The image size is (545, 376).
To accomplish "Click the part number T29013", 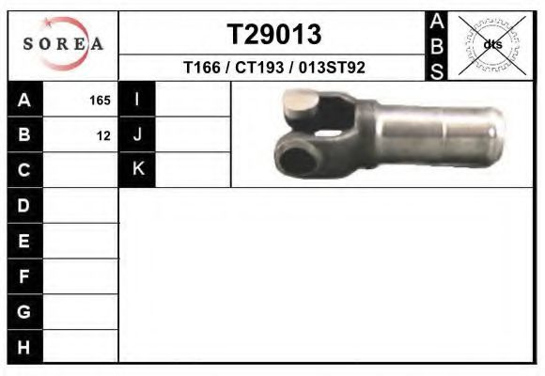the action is click(x=274, y=34).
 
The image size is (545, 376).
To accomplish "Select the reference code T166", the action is click(x=202, y=67).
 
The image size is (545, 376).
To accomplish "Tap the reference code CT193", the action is click(x=259, y=67).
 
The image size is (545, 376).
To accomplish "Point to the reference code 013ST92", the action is click(x=332, y=67).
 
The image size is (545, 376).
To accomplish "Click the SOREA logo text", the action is click(x=63, y=44).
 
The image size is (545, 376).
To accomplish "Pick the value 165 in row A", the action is click(x=100, y=101).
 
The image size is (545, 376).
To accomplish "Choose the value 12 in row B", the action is click(x=103, y=136).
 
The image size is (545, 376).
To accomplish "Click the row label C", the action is click(x=24, y=170).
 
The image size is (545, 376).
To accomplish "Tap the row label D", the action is click(x=23, y=205).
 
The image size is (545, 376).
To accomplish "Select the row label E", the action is click(x=23, y=241).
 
